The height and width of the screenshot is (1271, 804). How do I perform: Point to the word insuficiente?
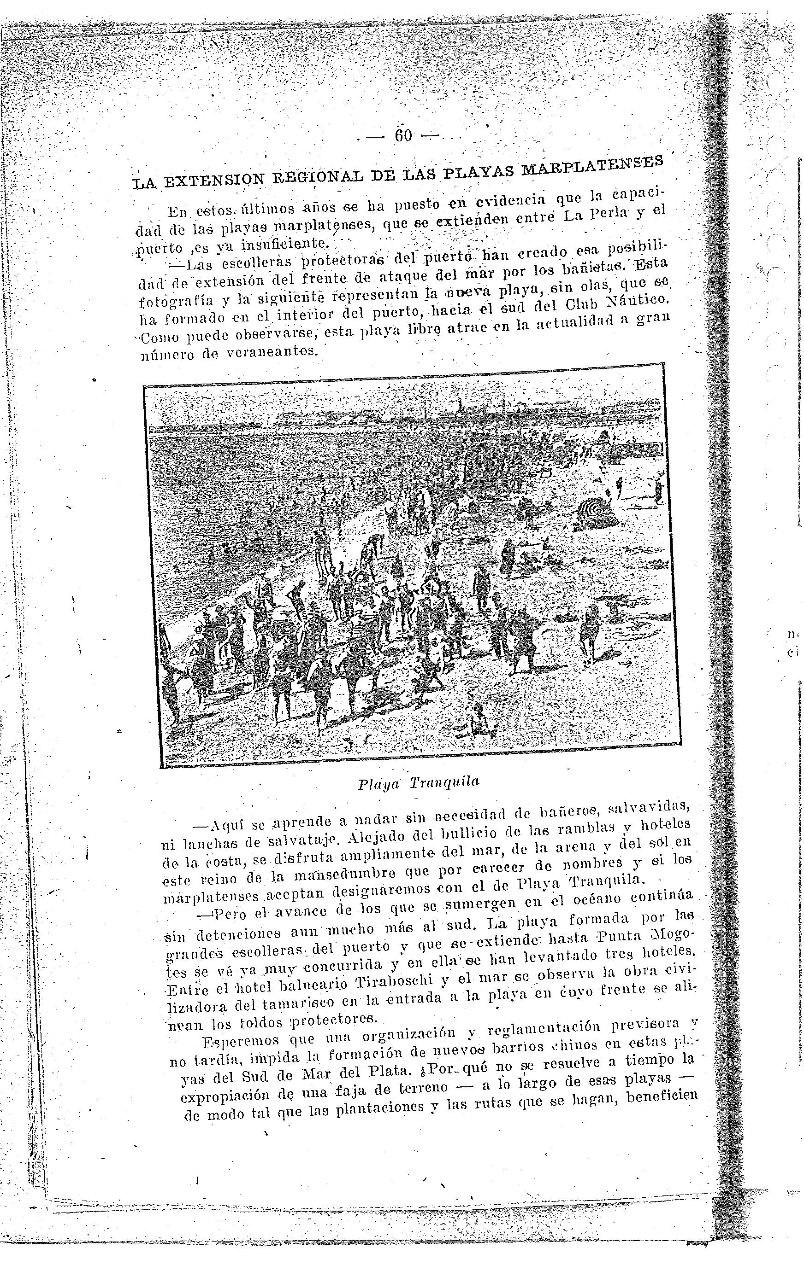(x=285, y=244)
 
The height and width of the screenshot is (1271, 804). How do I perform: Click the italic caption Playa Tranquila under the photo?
(x=418, y=783)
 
